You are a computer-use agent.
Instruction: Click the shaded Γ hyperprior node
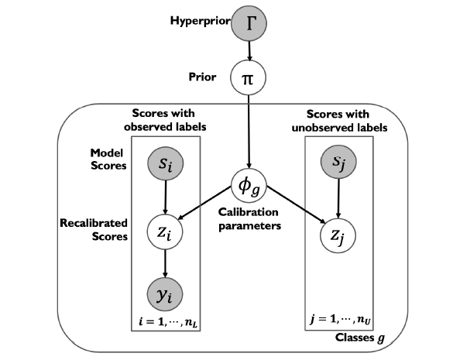249,23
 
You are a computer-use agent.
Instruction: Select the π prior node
248,77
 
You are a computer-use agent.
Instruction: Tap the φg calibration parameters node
249,186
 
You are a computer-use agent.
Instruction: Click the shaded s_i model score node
165,164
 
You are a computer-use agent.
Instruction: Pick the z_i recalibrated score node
165,232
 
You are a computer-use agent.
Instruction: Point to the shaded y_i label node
165,294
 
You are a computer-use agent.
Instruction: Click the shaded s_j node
338,162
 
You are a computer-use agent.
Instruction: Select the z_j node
338,235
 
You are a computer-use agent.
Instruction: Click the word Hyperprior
201,21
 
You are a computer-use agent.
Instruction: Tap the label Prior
202,77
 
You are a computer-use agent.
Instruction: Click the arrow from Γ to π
249,51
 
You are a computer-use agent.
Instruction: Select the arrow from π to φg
249,132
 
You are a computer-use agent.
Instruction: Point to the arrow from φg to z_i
204,203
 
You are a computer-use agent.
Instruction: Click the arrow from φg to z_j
296,205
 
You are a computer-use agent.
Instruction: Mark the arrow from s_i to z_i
165,197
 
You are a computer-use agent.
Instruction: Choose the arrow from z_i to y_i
165,263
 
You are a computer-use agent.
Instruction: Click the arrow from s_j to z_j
338,198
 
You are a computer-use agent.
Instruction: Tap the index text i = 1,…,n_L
168,322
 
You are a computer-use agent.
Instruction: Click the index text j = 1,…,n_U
340,320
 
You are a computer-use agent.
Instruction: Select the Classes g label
360,338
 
